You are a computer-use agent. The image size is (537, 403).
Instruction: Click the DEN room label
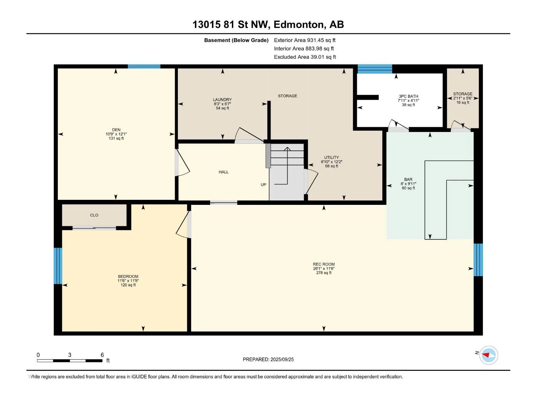(116, 130)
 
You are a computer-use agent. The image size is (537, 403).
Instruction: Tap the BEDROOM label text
(128, 276)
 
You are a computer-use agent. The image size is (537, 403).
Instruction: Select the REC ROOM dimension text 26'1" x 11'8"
(324, 268)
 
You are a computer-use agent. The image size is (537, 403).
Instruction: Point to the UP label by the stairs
(263, 184)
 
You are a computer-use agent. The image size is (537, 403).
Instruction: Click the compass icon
(489, 355)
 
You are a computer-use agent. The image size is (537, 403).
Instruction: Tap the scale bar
(70, 361)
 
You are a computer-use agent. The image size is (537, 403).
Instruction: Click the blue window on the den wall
(144, 66)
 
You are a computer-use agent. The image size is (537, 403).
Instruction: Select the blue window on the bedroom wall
(58, 266)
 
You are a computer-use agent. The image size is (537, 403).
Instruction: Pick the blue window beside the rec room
(478, 260)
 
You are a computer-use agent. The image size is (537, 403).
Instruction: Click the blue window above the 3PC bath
(375, 69)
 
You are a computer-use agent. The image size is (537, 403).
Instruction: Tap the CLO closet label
(94, 215)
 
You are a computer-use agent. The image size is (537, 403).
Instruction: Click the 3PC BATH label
(408, 96)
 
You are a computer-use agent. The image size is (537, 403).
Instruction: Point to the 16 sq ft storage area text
(462, 102)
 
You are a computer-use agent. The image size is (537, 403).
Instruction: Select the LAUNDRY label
(222, 100)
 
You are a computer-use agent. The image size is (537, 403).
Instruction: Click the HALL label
(224, 172)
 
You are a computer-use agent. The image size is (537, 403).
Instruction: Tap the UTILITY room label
(332, 157)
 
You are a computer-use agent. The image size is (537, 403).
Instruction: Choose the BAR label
(408, 179)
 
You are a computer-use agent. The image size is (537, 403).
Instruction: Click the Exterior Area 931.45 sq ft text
(305, 40)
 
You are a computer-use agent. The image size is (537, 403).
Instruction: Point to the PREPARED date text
(268, 359)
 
